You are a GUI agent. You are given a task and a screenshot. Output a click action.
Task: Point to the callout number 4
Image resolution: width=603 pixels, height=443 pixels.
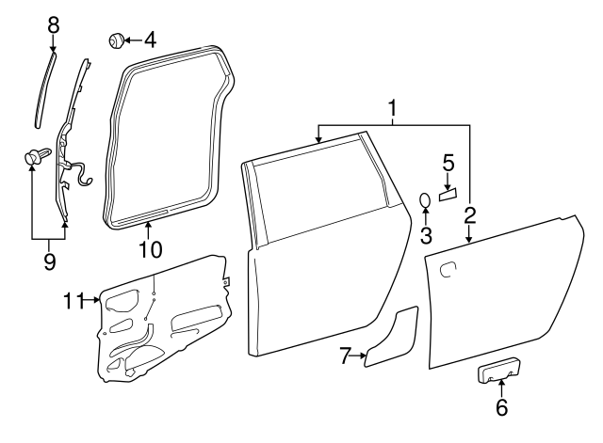click(x=150, y=40)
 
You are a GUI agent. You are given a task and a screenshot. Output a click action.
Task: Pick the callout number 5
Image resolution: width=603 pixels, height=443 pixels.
click(x=448, y=164)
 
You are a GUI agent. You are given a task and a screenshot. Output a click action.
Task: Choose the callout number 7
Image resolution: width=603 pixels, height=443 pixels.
click(x=345, y=355)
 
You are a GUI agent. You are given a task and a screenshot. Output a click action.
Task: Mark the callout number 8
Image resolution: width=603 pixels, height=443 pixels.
click(x=53, y=24)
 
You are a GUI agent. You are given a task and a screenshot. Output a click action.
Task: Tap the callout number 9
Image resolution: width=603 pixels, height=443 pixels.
click(x=49, y=259)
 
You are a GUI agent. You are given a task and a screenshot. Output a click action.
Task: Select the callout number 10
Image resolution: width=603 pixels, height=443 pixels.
click(x=151, y=249)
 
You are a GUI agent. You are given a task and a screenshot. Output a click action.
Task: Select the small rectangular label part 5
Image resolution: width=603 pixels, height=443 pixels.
click(x=448, y=194)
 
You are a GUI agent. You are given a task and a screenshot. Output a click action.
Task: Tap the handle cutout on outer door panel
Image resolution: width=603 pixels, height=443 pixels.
click(x=449, y=270)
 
